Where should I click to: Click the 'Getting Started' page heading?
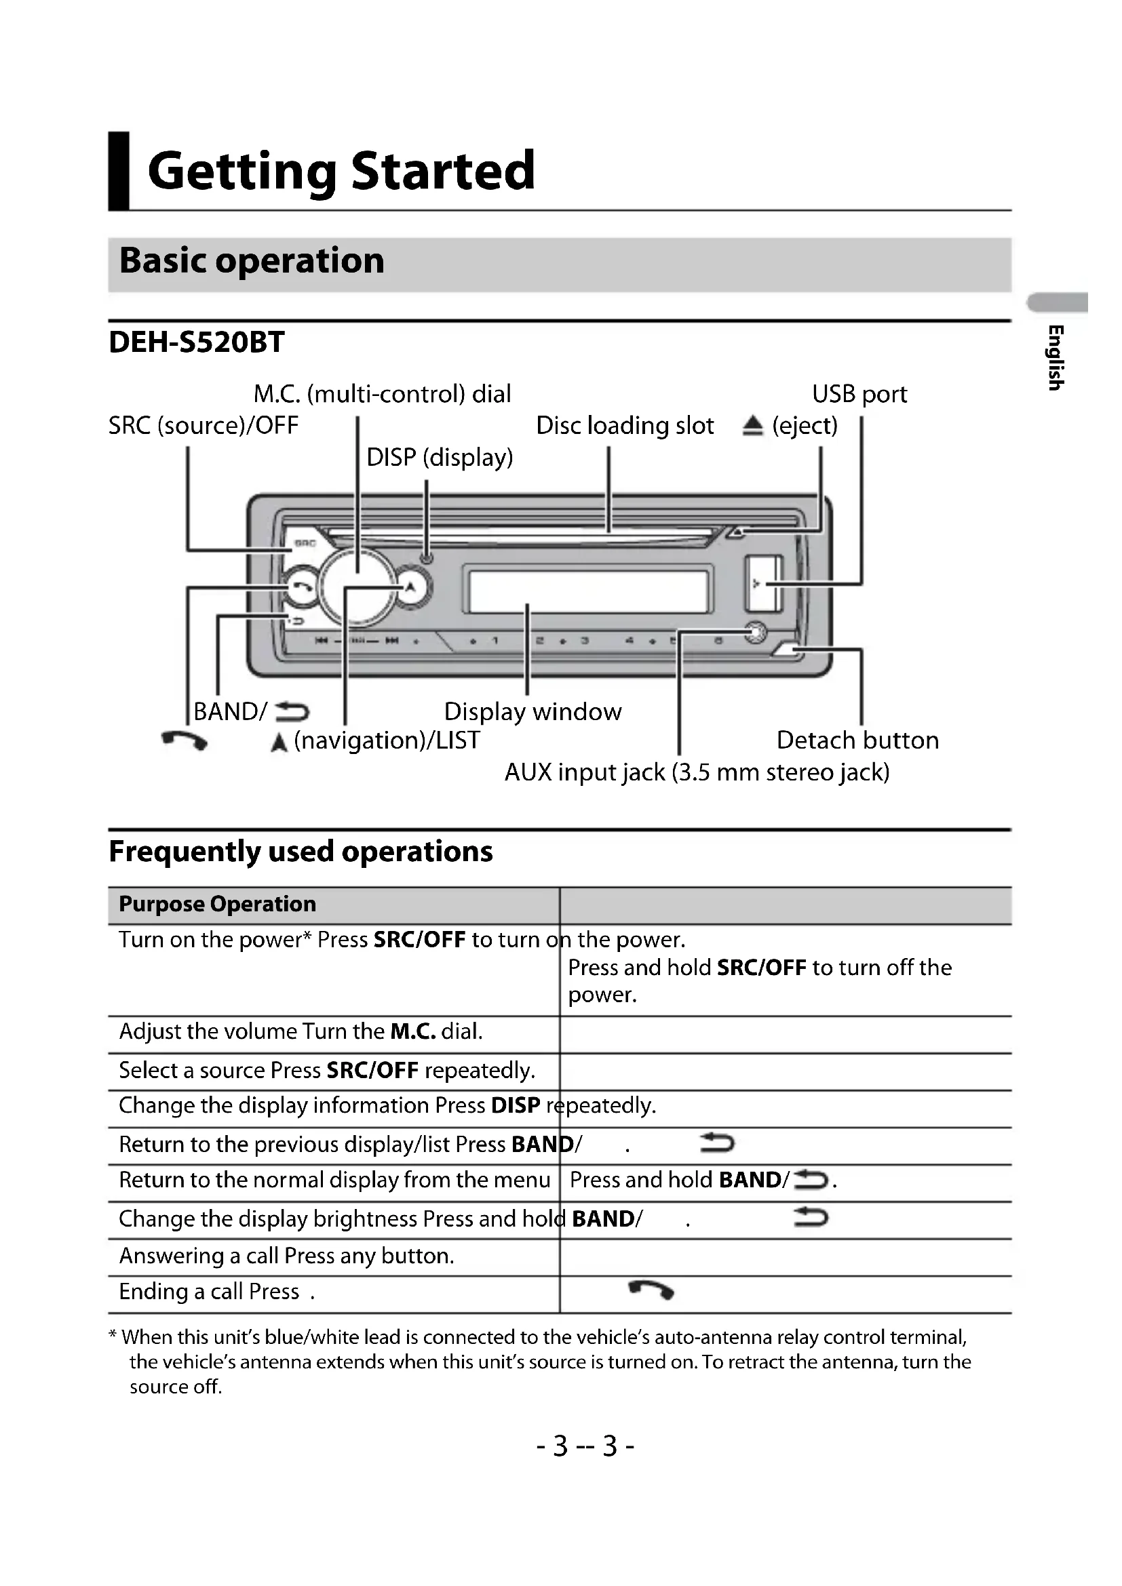point(341,171)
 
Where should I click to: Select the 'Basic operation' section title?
point(252,261)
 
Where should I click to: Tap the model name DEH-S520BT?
point(196,342)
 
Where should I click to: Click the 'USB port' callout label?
point(859,394)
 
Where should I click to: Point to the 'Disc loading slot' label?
point(625,426)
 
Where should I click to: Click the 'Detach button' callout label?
point(857,740)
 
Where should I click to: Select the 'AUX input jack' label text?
point(697,772)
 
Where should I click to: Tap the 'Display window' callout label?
point(532,711)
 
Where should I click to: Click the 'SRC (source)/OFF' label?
point(203,426)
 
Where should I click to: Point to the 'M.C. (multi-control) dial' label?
point(382,394)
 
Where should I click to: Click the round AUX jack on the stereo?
point(755,632)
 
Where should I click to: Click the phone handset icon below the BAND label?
point(184,740)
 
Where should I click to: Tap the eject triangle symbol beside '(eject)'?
point(752,426)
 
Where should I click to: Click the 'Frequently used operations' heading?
point(301,851)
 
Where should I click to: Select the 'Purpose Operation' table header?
point(217,905)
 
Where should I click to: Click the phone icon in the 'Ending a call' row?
point(651,1289)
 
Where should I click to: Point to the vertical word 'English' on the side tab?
point(1055,357)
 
